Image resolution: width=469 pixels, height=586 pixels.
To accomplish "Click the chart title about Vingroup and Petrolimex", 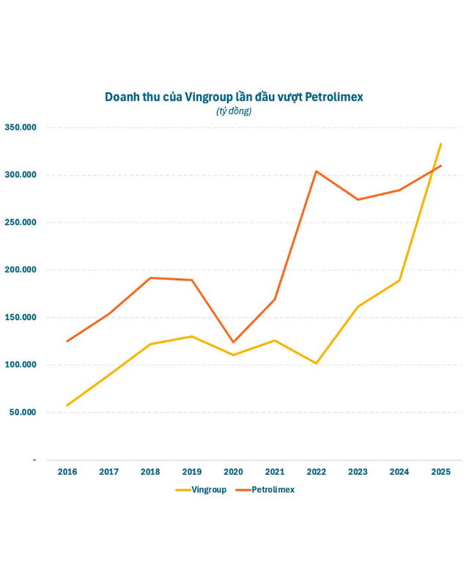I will pyautogui.click(x=234, y=97).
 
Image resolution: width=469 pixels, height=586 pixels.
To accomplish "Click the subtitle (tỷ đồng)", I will pyautogui.click(x=234, y=111).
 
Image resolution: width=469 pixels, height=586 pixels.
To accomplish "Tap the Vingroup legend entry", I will pyautogui.click(x=202, y=489).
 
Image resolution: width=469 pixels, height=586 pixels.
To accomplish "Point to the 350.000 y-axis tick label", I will pyautogui.click(x=21, y=127).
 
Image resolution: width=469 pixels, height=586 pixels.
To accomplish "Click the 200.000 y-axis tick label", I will pyautogui.click(x=21, y=270).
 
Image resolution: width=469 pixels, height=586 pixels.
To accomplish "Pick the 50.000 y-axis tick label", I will pyautogui.click(x=23, y=412).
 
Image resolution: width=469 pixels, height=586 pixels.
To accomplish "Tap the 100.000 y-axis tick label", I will pyautogui.click(x=21, y=365).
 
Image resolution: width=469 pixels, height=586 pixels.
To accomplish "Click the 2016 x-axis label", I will pyautogui.click(x=67, y=472).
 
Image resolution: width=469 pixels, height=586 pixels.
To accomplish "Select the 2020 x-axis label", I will pyautogui.click(x=233, y=472).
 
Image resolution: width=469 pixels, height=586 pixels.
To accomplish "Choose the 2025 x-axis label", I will pyautogui.click(x=440, y=472).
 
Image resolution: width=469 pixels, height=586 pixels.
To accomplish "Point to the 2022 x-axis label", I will pyautogui.click(x=317, y=472).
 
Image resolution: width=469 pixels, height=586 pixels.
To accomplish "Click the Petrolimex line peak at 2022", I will pyautogui.click(x=317, y=171).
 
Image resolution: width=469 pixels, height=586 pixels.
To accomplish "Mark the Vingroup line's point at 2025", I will pyautogui.click(x=440, y=144).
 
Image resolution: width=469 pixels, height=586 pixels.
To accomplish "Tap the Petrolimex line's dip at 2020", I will pyautogui.click(x=234, y=342).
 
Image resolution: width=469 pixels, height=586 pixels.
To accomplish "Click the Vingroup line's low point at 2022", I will pyautogui.click(x=317, y=363).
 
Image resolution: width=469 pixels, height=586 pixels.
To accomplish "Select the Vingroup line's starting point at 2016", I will pyautogui.click(x=67, y=405).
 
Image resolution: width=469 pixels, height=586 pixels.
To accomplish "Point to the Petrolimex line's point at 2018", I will pyautogui.click(x=150, y=278).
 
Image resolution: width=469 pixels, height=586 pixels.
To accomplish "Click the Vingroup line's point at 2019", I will pyautogui.click(x=192, y=336).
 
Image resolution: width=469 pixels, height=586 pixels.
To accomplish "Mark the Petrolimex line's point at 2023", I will pyautogui.click(x=358, y=199).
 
